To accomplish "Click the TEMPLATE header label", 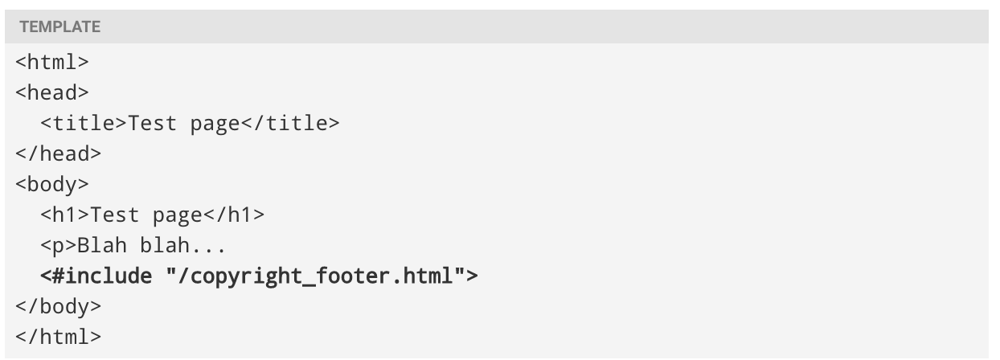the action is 59,27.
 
